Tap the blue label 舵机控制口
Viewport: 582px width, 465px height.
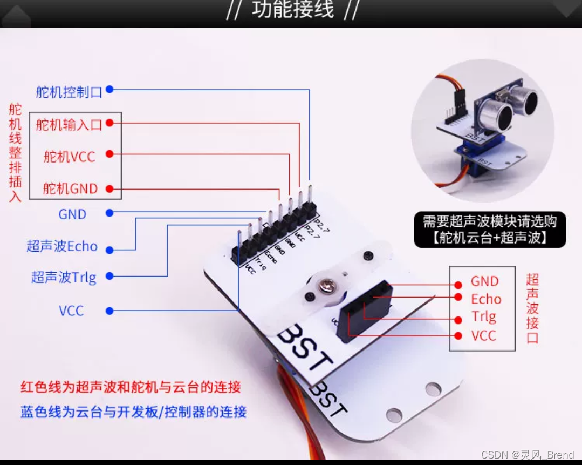(69, 92)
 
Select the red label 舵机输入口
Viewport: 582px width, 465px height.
(69, 125)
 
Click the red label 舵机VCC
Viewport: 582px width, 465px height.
(69, 157)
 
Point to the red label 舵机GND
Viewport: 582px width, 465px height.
(70, 188)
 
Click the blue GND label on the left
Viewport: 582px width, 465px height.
(72, 214)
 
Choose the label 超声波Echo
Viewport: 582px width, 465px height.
(62, 247)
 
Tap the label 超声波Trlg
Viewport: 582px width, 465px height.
(64, 278)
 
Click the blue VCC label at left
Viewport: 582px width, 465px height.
(71, 311)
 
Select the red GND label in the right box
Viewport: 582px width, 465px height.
(484, 281)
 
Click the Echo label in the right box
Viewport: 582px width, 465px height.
(486, 299)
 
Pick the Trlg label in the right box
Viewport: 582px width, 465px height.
(483, 317)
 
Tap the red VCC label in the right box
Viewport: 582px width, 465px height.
(483, 335)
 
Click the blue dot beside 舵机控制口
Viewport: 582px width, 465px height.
(109, 90)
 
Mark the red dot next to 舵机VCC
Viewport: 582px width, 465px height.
(109, 154)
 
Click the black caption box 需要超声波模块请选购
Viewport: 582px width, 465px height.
(490, 230)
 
